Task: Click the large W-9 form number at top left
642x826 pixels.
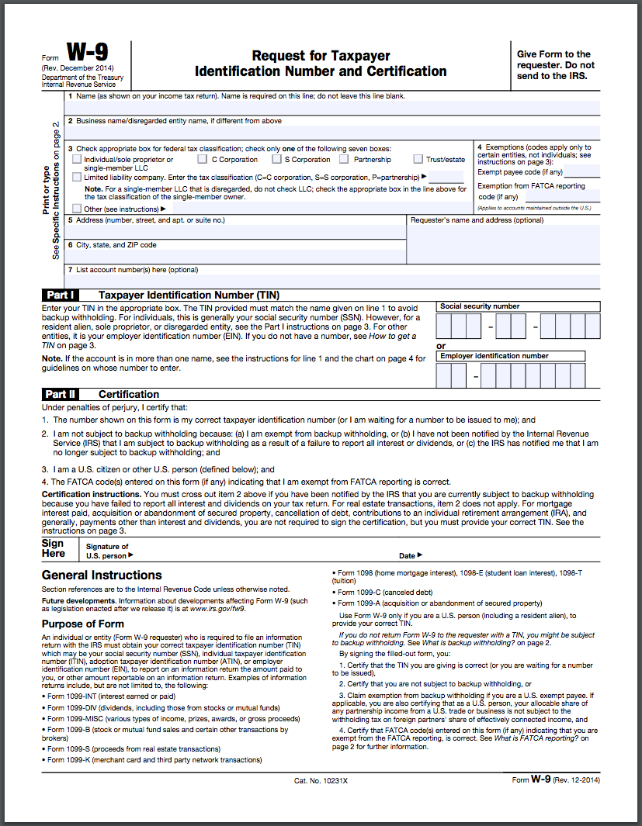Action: pyautogui.click(x=87, y=54)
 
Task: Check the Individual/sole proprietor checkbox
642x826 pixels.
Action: pyautogui.click(x=76, y=160)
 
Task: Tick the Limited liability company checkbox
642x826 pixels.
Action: pyautogui.click(x=76, y=177)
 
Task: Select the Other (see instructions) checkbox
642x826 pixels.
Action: pyautogui.click(x=76, y=209)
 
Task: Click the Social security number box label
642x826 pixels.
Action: pyautogui.click(x=480, y=306)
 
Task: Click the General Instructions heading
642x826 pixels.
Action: pyautogui.click(x=102, y=575)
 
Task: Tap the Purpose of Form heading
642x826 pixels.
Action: pyautogui.click(x=82, y=624)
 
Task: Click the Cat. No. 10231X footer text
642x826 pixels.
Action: pyautogui.click(x=321, y=779)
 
